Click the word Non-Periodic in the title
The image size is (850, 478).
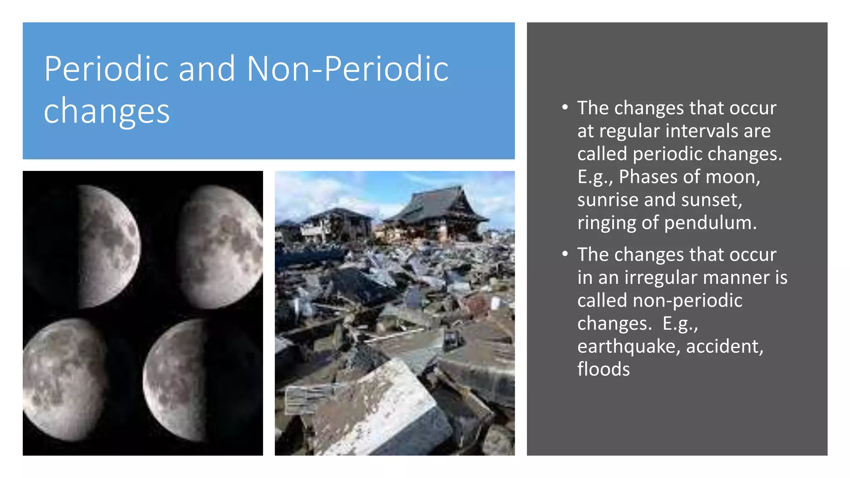(x=347, y=69)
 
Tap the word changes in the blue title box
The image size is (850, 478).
(x=107, y=111)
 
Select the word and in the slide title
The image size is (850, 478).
(x=207, y=69)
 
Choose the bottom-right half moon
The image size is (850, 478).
(x=176, y=380)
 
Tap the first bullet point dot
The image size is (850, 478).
(x=565, y=107)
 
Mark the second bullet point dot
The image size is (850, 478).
(x=565, y=254)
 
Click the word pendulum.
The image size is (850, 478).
(x=710, y=223)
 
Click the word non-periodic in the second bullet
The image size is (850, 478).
(x=687, y=300)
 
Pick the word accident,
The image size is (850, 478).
(x=724, y=346)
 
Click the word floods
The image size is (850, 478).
(x=603, y=369)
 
